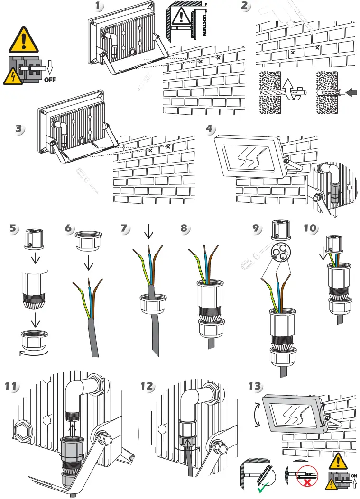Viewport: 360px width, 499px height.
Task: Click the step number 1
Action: (99, 6)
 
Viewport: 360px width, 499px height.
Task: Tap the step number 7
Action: (124, 228)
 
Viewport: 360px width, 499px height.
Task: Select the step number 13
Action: (255, 386)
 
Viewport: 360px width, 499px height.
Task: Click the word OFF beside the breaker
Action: (50, 80)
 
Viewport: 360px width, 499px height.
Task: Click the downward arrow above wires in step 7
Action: (148, 233)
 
